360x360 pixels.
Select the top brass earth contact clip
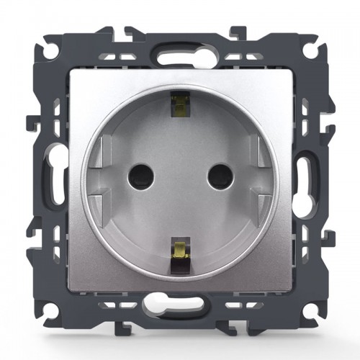(178, 106)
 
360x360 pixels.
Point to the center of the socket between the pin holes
(179, 174)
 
